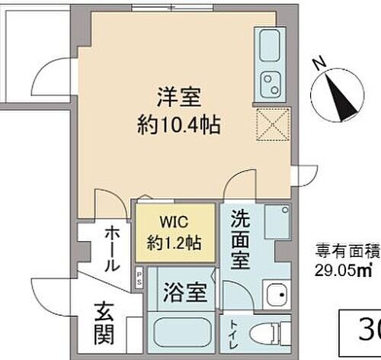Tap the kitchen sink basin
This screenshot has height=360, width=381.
pos(270,47)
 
